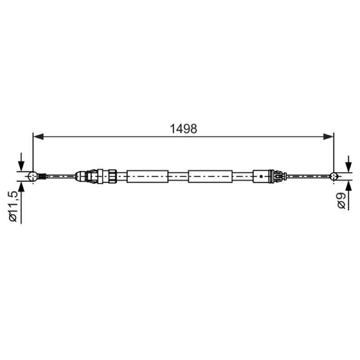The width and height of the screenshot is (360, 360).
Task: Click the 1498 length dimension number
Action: (x=183, y=129)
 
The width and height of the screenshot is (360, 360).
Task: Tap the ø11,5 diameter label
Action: (x=13, y=207)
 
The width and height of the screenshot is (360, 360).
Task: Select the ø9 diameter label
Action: (x=342, y=200)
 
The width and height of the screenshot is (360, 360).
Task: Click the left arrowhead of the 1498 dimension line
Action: (x=38, y=137)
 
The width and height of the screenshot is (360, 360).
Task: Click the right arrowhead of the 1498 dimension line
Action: (x=328, y=137)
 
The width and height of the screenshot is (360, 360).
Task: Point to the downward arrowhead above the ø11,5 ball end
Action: (x=21, y=166)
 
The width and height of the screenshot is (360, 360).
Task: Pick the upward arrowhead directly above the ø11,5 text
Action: (x=21, y=186)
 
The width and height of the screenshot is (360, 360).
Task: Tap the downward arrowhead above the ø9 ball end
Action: (x=348, y=167)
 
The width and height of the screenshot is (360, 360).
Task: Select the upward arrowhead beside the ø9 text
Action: (x=348, y=186)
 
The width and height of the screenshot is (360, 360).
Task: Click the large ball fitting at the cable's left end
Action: (x=33, y=176)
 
